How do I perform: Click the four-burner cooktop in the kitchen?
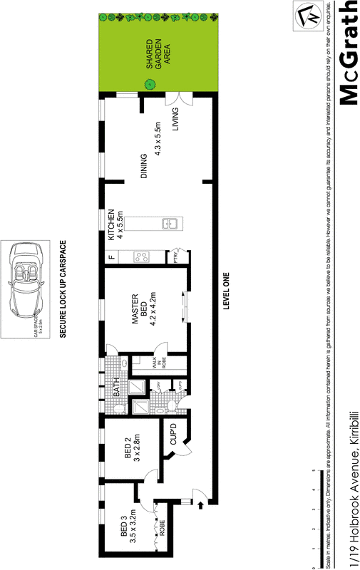click(x=141, y=256)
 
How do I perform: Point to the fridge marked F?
click(x=111, y=257)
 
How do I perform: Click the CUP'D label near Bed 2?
click(x=172, y=435)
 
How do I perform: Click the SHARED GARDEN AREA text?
click(x=158, y=54)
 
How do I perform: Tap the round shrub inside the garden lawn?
click(x=150, y=84)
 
